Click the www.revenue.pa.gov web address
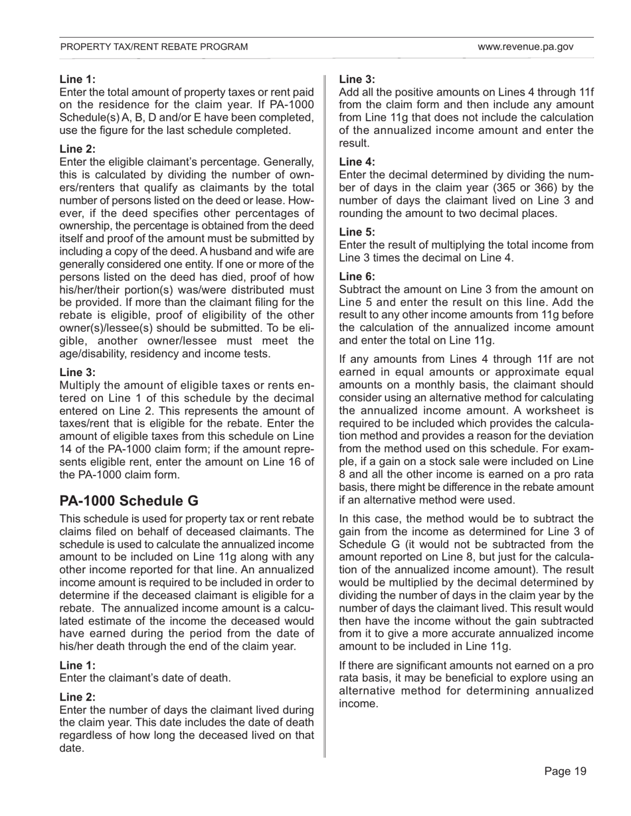(x=525, y=47)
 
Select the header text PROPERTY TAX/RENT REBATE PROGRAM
(x=154, y=47)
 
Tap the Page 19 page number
(x=565, y=771)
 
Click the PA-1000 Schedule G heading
(x=129, y=500)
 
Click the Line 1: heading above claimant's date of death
(x=78, y=665)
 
